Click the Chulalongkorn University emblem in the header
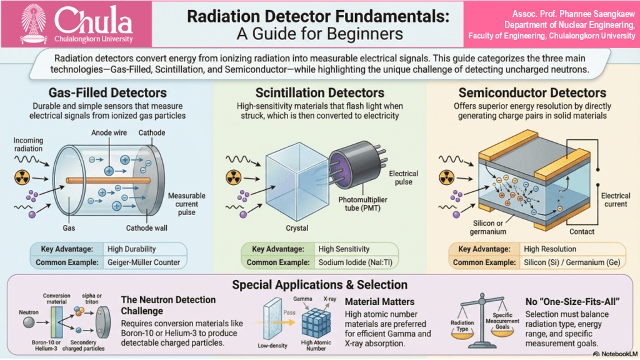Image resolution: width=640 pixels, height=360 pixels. tap(34, 23)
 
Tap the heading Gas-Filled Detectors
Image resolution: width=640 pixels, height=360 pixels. tap(107, 92)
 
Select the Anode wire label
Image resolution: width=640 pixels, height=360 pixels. tap(109, 132)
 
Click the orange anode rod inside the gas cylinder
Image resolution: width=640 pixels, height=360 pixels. tap(108, 181)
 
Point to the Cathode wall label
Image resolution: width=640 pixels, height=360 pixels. tap(146, 228)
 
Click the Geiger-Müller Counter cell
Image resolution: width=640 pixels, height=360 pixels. tap(144, 262)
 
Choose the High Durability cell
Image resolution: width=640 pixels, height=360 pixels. tap(131, 249)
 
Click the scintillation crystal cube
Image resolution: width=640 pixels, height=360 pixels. tap(297, 182)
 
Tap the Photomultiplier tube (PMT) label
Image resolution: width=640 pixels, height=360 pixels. tap(362, 204)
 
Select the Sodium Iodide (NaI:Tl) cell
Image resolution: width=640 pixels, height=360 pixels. tap(355, 262)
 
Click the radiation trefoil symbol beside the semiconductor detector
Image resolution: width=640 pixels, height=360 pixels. tap(446, 177)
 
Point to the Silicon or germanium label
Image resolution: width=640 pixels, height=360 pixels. tap(487, 227)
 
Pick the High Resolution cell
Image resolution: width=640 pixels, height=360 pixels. tap(550, 249)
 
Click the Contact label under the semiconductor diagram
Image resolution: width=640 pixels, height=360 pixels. tap(582, 232)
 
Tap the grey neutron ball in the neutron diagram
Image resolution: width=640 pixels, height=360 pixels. tap(29, 322)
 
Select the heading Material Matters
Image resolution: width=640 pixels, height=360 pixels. tap(379, 302)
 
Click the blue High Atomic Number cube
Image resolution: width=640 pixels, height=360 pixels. tap(316, 322)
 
